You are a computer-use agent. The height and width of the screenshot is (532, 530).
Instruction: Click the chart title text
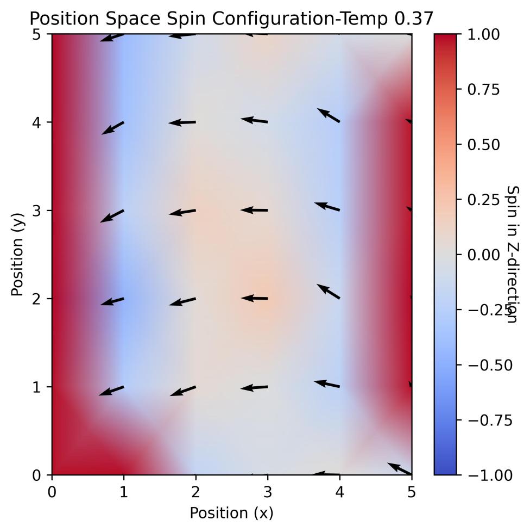point(231,18)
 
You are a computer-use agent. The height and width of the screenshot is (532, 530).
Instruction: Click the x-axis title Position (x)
point(231,512)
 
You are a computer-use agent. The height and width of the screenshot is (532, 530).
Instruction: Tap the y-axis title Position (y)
point(18,254)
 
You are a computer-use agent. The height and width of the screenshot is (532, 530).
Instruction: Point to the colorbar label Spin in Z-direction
point(512,254)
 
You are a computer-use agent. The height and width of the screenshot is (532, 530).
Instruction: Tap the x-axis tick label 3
point(268,492)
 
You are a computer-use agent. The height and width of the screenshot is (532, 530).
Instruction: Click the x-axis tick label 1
point(124,492)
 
